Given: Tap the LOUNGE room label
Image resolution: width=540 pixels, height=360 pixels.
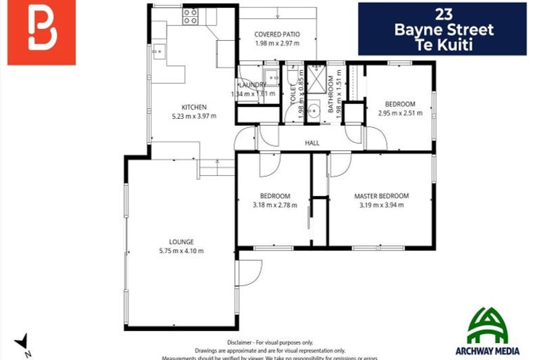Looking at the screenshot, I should coord(181,242).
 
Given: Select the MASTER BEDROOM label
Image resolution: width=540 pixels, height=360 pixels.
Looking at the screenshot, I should coord(381,196).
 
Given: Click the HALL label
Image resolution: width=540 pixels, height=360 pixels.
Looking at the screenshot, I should coord(312,143).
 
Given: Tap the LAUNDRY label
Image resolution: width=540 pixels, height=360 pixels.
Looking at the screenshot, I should coord(252,85).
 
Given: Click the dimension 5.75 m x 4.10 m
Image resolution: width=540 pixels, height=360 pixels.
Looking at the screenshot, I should coord(181,251).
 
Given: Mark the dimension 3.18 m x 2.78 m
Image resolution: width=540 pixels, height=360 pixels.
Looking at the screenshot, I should coord(274,206).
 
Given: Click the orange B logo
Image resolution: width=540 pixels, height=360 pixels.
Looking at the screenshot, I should coord(41,32).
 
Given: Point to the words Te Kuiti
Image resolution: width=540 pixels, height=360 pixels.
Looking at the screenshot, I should coord(443,44).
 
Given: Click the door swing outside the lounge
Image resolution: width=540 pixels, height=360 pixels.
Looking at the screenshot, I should coord(248,273).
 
